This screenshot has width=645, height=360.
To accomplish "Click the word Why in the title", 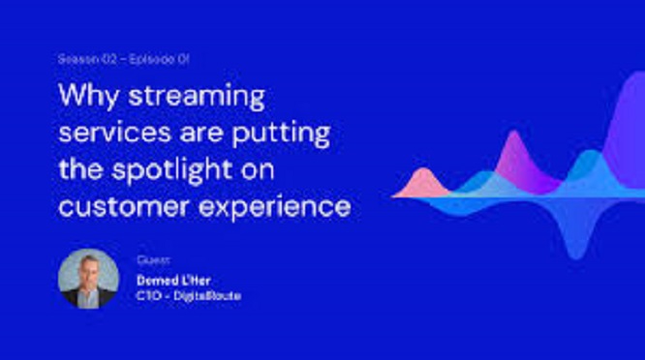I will point(88,97).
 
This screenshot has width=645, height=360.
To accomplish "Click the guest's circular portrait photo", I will point(88,279).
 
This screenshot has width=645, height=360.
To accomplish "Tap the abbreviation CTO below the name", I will point(149,295).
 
